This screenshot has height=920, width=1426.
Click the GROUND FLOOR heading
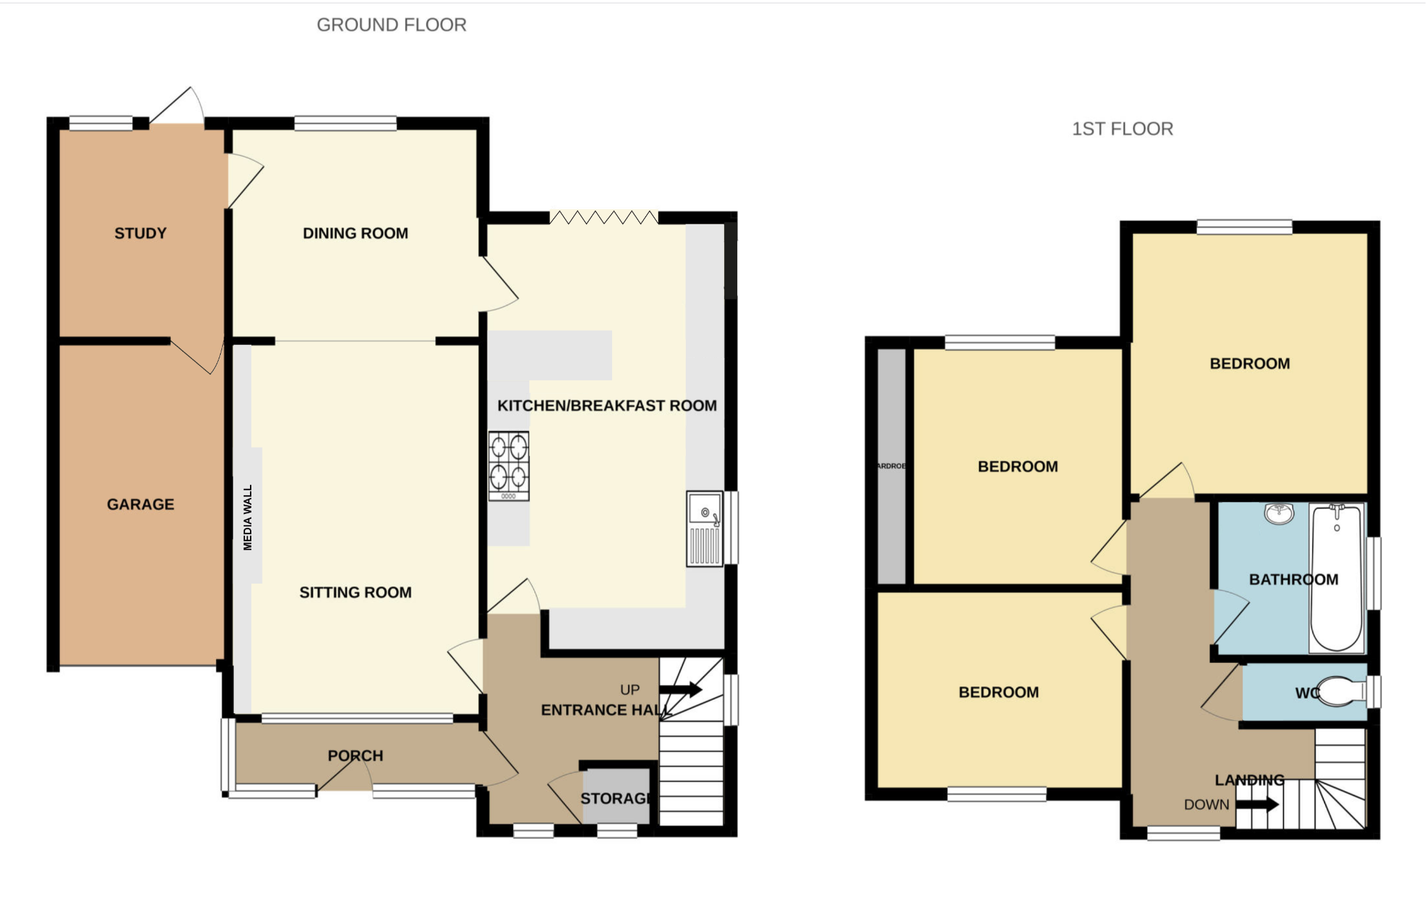pyautogui.click(x=391, y=25)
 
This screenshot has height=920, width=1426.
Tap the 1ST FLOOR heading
pyautogui.click(x=1122, y=129)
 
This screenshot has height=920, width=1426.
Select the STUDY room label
pyautogui.click(x=141, y=233)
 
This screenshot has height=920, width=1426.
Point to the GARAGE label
pyautogui.click(x=141, y=504)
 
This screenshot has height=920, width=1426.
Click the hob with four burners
pyautogui.click(x=509, y=465)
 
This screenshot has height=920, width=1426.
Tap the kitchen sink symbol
pyautogui.click(x=705, y=529)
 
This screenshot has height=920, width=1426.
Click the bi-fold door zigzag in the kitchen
pyautogui.click(x=604, y=217)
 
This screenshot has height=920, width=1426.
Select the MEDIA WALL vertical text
pyautogui.click(x=248, y=517)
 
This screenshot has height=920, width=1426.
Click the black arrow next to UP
pyautogui.click(x=680, y=689)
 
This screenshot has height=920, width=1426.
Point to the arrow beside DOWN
pyautogui.click(x=1257, y=804)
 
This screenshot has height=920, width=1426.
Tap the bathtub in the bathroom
pyautogui.click(x=1336, y=579)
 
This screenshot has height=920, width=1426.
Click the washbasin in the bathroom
pyautogui.click(x=1279, y=513)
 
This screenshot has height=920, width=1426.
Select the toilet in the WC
pyautogui.click(x=1341, y=692)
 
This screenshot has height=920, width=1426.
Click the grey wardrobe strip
pyautogui.click(x=891, y=466)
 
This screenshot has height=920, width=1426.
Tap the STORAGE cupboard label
pyautogui.click(x=615, y=798)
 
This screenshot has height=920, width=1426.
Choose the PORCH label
pyautogui.click(x=355, y=756)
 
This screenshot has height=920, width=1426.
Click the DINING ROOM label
pyautogui.click(x=355, y=233)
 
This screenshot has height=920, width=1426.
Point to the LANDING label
pyautogui.click(x=1249, y=780)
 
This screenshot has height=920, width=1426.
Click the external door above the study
pyautogui.click(x=175, y=106)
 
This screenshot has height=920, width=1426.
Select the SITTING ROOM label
pyautogui.click(x=355, y=593)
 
